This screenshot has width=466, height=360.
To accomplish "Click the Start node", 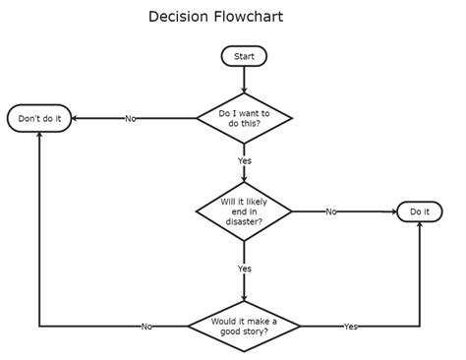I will [244, 56].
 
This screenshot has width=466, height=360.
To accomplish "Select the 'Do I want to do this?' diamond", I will [244, 119].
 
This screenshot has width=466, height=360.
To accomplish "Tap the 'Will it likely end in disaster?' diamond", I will [244, 211].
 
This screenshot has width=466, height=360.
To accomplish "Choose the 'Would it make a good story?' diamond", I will [243, 326].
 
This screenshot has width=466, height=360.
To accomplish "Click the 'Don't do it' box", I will [39, 119].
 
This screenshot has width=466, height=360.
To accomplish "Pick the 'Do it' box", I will [420, 211].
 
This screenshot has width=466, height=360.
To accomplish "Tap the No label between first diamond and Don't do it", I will [131, 119].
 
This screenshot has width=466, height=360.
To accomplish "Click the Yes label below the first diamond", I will [244, 160].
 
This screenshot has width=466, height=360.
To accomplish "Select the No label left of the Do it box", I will [331, 211].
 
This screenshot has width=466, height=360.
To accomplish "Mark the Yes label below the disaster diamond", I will [244, 268].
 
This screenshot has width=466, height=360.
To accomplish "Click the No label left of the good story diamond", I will [146, 326].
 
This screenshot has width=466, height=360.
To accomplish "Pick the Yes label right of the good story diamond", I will [350, 326].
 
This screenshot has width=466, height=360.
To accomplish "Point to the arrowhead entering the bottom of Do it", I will [420, 226].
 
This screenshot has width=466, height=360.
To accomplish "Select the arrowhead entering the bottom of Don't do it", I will [39, 135].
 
